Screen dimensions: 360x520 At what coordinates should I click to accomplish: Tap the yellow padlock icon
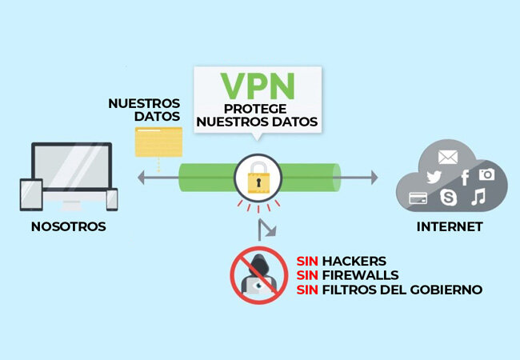point(256,182)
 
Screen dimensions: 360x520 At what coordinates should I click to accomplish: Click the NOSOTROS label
point(68,227)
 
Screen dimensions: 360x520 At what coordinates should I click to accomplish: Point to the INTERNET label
point(450,227)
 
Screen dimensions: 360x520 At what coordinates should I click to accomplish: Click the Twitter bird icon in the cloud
point(434,178)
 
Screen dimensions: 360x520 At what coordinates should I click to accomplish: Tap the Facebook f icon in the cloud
point(464,176)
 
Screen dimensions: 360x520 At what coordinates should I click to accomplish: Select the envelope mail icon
point(447,156)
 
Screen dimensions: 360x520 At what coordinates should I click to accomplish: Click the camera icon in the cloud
point(486,174)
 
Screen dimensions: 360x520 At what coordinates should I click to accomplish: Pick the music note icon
point(478,197)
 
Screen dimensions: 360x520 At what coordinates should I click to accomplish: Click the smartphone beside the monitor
point(111,200)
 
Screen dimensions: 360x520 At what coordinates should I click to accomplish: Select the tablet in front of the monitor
point(31,195)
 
